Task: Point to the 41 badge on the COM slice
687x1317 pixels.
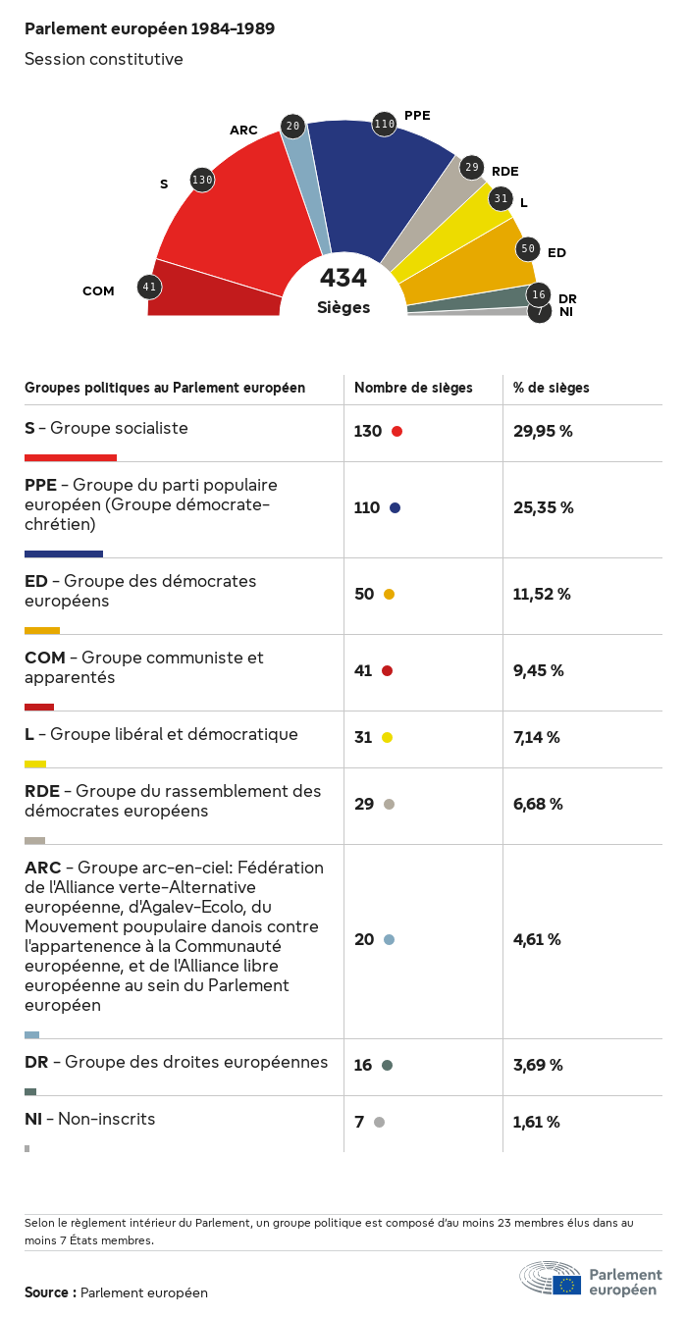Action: tap(149, 287)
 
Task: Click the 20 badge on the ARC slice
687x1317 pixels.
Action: tap(292, 126)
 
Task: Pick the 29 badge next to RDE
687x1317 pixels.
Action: tap(472, 167)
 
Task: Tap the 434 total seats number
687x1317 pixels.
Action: tap(343, 279)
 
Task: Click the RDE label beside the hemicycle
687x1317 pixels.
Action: tap(505, 172)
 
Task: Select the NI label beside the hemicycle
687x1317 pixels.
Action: tap(566, 312)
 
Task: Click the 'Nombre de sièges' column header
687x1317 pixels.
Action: tap(413, 388)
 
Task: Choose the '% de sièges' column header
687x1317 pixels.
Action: tap(552, 388)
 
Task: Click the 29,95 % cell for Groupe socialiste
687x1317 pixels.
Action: tap(543, 431)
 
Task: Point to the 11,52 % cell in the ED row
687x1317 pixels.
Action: tap(542, 594)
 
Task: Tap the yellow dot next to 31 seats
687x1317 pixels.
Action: tap(387, 737)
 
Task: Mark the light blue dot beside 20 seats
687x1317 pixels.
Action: tap(389, 939)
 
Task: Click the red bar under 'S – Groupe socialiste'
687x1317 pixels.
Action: tap(71, 457)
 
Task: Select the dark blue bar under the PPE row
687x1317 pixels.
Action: tap(64, 553)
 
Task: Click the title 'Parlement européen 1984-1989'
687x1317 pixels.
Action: tap(149, 29)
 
